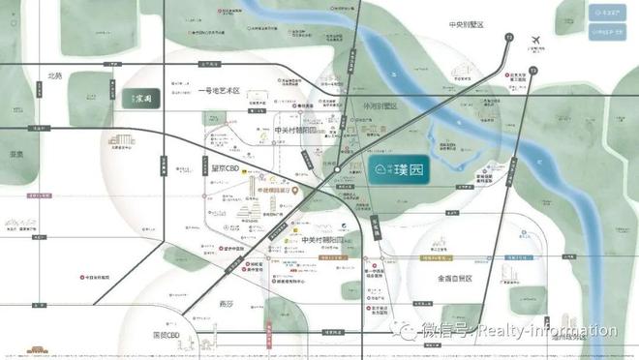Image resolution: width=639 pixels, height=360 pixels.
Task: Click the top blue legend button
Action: [x=608, y=14]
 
